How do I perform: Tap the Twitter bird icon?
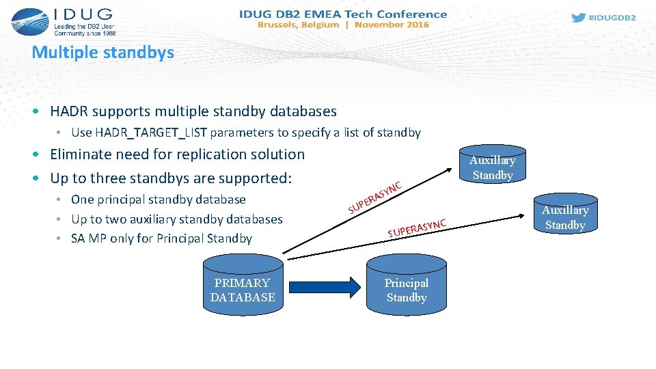pos(578,18)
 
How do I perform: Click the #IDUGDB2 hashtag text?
pos(612,18)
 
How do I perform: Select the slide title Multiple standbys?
pos(103,52)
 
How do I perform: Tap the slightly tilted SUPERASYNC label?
pos(417,228)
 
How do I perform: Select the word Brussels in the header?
pos(281,25)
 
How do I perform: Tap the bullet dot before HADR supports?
pos(42,111)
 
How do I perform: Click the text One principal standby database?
pos(159,200)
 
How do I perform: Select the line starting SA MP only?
pos(161,238)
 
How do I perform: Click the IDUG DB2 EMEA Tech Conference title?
pos(343,14)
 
